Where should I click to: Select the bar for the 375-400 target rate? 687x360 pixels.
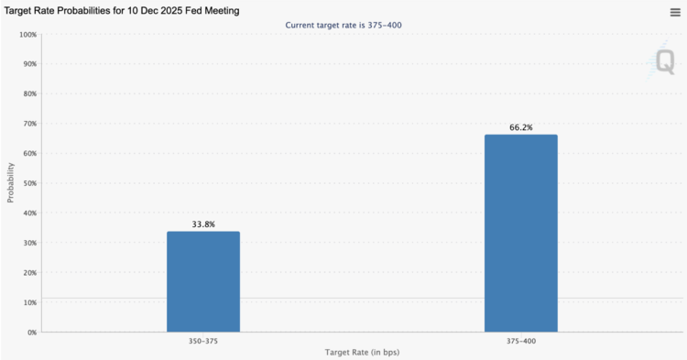tap(520, 233)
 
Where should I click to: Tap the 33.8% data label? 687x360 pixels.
tap(202, 224)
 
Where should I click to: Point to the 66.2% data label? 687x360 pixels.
tap(520, 127)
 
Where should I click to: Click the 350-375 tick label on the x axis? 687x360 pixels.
tap(202, 341)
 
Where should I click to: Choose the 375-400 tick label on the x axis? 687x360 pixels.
tap(520, 341)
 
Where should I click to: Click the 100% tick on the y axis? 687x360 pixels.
tap(27, 35)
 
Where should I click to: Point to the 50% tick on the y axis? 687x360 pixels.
tap(28, 183)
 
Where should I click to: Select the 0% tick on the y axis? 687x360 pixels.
tap(31, 332)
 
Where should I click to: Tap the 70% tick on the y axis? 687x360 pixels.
tap(28, 124)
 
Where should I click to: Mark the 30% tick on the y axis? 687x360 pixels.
tap(28, 243)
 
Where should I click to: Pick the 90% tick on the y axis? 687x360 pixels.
tap(28, 64)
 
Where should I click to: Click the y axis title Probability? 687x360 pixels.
tap(11, 183)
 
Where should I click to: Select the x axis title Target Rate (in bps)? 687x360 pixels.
tap(362, 353)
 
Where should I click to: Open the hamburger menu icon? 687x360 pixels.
tap(675, 12)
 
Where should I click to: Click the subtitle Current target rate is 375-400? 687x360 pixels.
tap(343, 25)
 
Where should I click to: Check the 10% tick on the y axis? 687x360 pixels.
tap(28, 302)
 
